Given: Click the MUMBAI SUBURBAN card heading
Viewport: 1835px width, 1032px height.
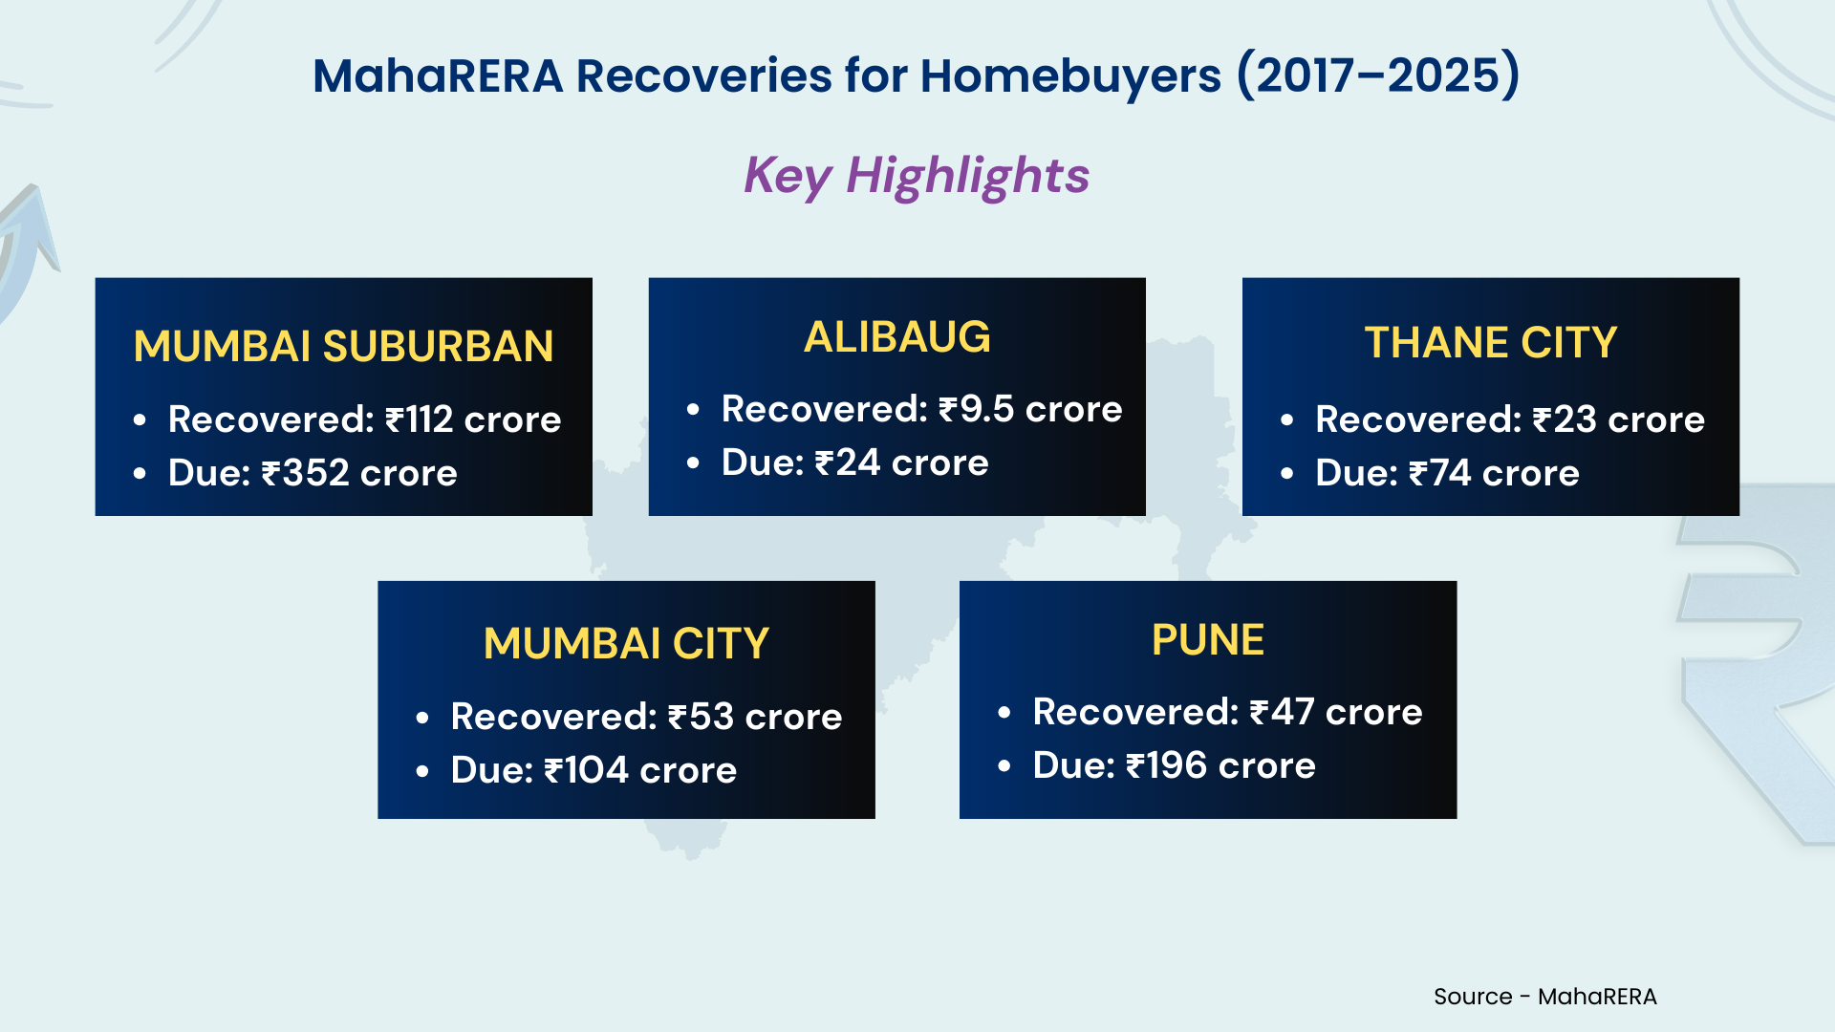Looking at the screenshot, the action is (x=343, y=346).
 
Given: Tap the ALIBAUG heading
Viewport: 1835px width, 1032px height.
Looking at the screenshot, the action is (x=897, y=336).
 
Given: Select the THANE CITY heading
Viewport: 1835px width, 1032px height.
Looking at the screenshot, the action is (x=1490, y=342).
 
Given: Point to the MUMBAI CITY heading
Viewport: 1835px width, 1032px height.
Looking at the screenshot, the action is (x=626, y=643).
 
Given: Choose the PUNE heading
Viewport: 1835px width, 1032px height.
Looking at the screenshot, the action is (x=1208, y=639).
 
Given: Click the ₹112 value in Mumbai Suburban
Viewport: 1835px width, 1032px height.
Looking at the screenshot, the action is (x=419, y=419).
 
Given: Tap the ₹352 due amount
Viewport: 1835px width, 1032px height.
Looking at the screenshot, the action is (x=305, y=473).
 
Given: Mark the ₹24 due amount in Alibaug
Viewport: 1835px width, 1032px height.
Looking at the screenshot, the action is (x=847, y=462).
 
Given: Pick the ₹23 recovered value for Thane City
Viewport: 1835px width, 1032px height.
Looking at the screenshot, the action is (x=1565, y=419).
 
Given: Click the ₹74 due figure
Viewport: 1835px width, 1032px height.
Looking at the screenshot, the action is (x=1440, y=473).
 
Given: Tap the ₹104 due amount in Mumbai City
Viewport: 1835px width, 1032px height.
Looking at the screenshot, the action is (x=586, y=770).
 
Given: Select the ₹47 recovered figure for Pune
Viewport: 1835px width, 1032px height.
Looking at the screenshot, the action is (x=1282, y=712).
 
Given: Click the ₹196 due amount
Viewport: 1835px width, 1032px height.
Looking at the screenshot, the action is (x=1167, y=765).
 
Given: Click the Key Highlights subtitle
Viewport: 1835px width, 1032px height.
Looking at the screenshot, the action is (x=917, y=176).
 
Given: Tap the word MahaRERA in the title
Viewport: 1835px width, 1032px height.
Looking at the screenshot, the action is (x=439, y=75).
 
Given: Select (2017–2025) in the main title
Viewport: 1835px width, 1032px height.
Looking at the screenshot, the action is (x=1378, y=75).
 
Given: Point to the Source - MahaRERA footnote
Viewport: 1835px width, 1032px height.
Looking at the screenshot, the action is (x=1545, y=997).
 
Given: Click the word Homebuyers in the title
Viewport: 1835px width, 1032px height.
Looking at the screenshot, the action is (x=1070, y=76).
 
